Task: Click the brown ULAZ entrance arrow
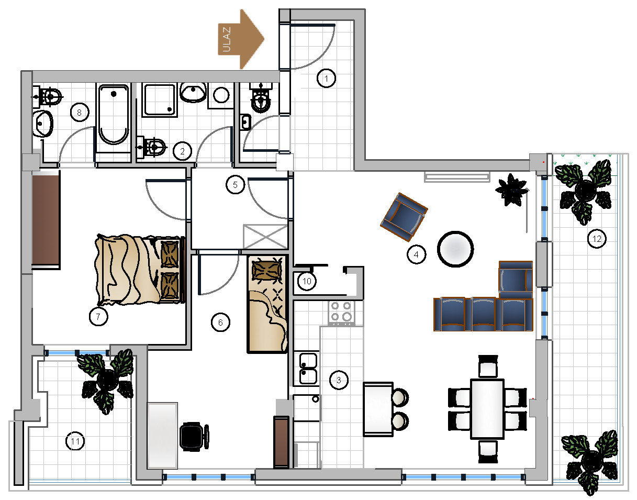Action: pyautogui.click(x=241, y=39)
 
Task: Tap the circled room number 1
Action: pyautogui.click(x=326, y=78)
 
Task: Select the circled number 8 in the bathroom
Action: pyautogui.click(x=80, y=112)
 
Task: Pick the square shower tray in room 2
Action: pyautogui.click(x=160, y=99)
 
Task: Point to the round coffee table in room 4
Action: pyautogui.click(x=455, y=249)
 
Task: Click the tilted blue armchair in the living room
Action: pyautogui.click(x=404, y=217)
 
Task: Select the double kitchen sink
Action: pyautogui.click(x=308, y=369)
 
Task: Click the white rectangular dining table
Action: pyautogui.click(x=487, y=409)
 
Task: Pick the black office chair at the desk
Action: pyautogui.click(x=194, y=436)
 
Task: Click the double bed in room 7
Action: pyautogui.click(x=140, y=270)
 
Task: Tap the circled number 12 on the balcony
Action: pyautogui.click(x=597, y=239)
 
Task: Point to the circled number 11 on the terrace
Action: pyautogui.click(x=75, y=441)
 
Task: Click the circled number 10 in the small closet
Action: pyautogui.click(x=307, y=281)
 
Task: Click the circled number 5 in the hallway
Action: pyautogui.click(x=235, y=185)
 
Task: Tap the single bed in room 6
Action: pyautogui.click(x=267, y=304)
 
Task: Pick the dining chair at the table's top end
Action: pyautogui.click(x=488, y=366)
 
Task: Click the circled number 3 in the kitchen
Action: pyautogui.click(x=339, y=380)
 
